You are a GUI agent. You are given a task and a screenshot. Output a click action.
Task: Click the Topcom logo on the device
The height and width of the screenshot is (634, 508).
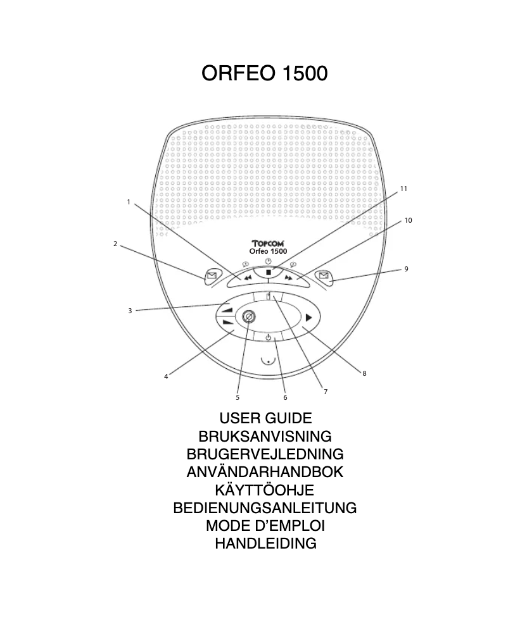point(268,243)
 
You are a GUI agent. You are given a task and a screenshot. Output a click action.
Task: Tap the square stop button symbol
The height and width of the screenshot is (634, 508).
point(269,273)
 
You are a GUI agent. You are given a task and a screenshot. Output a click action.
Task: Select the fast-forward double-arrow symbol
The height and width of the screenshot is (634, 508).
point(288,277)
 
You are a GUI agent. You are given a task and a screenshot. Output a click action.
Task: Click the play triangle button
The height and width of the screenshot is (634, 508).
point(309,318)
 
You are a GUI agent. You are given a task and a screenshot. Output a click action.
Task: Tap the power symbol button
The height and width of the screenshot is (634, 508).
point(268,337)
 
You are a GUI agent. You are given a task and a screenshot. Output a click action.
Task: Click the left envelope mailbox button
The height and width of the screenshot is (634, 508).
point(212,276)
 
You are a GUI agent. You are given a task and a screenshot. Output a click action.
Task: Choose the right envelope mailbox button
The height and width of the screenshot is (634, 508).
point(324,276)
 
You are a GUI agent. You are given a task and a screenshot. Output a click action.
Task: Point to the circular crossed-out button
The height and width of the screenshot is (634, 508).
point(248,317)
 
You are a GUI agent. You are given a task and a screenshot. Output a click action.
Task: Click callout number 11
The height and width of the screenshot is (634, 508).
point(403,189)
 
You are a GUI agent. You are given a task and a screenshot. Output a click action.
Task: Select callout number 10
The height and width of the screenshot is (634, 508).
point(408,220)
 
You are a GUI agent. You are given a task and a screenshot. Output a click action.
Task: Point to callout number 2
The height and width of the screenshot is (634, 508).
point(115,244)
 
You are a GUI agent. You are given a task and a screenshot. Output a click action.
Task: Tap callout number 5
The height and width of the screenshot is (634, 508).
point(238,397)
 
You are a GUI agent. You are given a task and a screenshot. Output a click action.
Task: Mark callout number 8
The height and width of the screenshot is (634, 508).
point(364,373)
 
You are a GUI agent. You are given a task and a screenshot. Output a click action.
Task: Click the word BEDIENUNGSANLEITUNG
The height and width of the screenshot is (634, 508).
point(265,508)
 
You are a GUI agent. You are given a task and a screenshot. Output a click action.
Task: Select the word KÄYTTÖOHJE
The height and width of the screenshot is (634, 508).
point(265,490)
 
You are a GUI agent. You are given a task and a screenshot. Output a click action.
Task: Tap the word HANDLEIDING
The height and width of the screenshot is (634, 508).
point(265,544)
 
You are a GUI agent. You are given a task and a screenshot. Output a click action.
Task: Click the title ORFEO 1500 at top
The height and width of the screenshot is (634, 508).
point(265,73)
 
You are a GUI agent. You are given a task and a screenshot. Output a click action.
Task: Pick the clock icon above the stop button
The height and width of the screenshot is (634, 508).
point(268,261)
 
